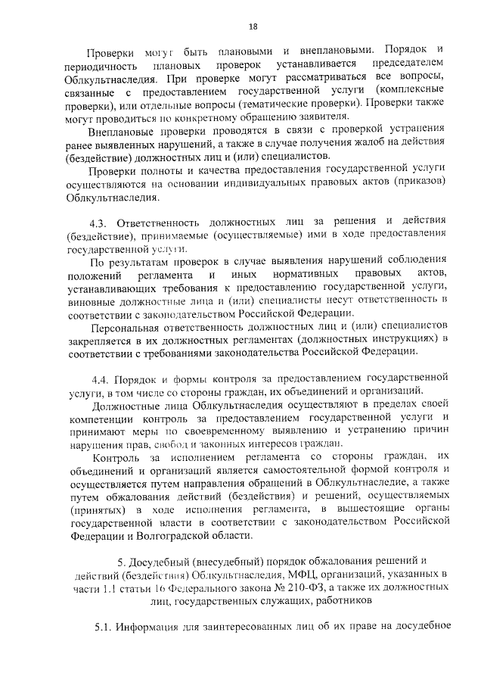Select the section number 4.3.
pos(100,220)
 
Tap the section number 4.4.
pos(101,376)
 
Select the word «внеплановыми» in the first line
pos(334,53)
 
